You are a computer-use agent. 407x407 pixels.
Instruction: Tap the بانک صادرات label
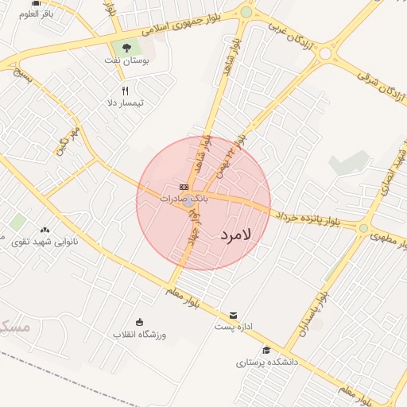coord(184,199)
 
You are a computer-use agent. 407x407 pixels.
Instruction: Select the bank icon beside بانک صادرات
coord(184,187)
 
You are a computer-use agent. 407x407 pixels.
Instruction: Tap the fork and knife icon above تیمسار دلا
coord(125,91)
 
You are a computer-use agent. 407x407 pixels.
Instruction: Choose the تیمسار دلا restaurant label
coord(125,103)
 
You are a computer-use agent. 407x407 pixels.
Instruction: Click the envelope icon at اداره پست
coord(233,315)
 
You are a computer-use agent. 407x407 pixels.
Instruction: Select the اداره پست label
coord(234,327)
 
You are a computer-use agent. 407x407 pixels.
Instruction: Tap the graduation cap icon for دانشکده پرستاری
coord(266,350)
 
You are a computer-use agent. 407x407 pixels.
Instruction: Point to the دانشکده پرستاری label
coord(266,362)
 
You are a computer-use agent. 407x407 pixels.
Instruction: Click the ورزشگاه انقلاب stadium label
coord(139,335)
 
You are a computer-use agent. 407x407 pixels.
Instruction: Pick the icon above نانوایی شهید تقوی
coord(44,230)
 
